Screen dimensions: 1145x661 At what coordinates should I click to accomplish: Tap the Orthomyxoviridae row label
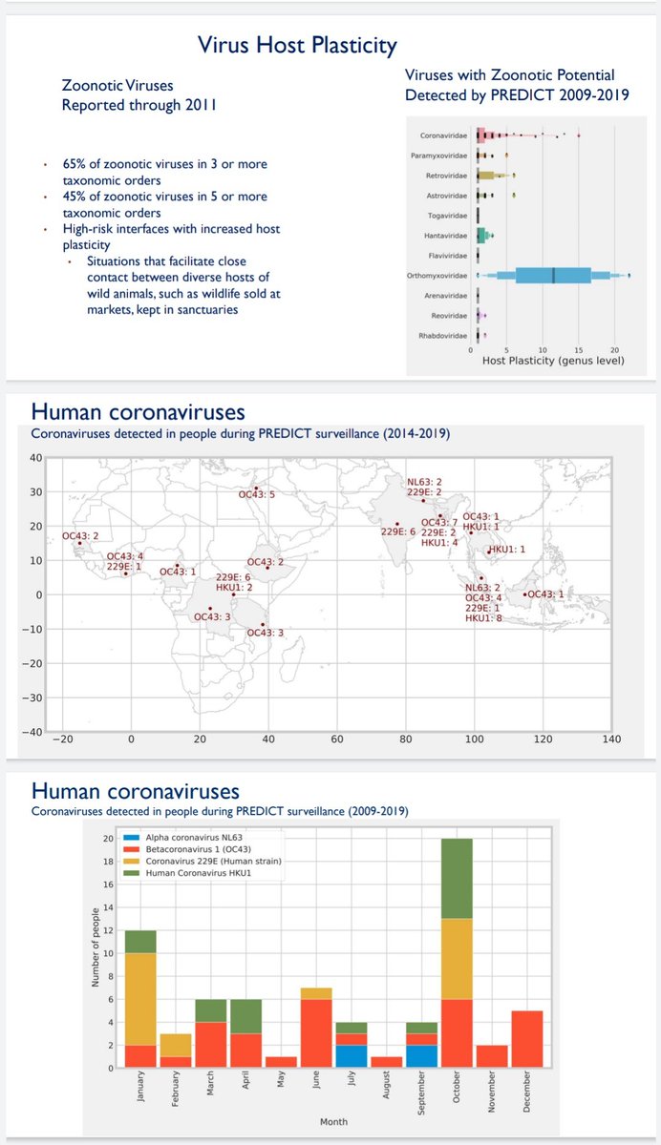(x=437, y=276)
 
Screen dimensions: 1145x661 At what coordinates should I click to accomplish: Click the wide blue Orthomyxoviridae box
(x=553, y=276)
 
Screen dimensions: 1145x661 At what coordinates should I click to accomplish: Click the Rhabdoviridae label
(x=441, y=336)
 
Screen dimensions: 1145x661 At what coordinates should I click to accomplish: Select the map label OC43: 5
(x=257, y=494)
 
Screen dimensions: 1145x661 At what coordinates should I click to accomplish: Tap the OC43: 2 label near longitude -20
(x=81, y=536)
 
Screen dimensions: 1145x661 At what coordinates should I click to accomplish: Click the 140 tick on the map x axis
(x=611, y=739)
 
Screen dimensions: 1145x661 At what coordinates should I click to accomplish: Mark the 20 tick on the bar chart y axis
(x=107, y=840)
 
